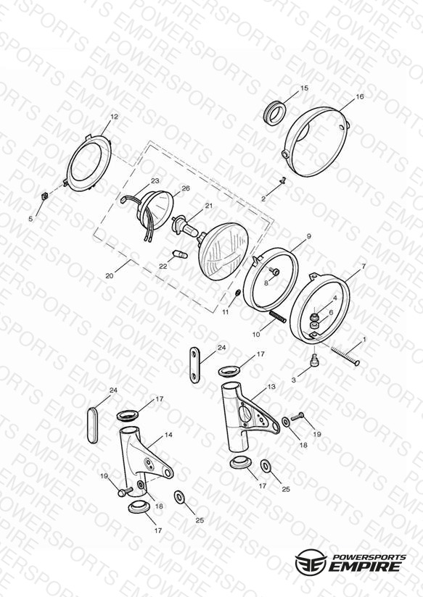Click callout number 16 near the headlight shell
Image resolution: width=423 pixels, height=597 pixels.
tap(360, 96)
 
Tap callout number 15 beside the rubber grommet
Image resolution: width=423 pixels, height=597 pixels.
tap(304, 88)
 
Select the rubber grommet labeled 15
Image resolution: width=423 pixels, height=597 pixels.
tap(275, 112)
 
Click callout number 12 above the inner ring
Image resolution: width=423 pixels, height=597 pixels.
tap(114, 117)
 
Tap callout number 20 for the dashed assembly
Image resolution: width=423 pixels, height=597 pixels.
tap(110, 275)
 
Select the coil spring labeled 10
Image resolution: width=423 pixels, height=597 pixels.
tap(278, 317)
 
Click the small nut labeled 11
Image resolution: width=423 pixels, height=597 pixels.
tap(238, 293)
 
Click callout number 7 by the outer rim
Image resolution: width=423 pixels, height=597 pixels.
tap(364, 267)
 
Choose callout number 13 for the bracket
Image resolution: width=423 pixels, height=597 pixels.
tap(271, 387)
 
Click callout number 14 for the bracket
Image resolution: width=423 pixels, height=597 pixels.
tap(168, 435)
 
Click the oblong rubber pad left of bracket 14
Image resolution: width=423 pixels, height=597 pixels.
tap(93, 425)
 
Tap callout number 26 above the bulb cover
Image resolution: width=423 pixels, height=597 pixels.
tap(186, 188)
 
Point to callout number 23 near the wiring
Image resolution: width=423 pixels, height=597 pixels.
tap(155, 181)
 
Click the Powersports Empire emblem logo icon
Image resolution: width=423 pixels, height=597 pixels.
tap(311, 561)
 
